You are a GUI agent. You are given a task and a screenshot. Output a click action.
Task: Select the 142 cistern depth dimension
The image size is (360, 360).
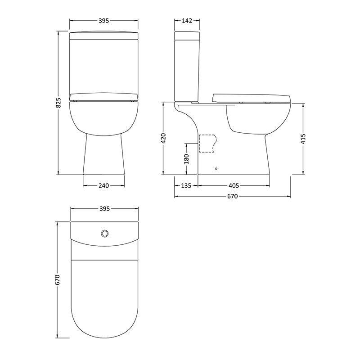(187, 21)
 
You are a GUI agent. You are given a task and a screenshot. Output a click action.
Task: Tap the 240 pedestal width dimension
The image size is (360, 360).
(104, 185)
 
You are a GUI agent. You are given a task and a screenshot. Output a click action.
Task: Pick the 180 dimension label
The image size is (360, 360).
(186, 159)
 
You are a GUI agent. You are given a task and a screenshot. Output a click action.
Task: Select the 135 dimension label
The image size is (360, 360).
(187, 185)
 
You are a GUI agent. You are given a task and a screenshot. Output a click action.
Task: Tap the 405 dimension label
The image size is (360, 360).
(234, 185)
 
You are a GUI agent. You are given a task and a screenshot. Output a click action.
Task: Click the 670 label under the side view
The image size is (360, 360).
(233, 197)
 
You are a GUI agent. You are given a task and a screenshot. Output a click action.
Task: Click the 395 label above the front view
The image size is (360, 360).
(104, 21)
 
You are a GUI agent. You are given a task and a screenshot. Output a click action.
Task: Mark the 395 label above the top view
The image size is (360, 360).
(104, 208)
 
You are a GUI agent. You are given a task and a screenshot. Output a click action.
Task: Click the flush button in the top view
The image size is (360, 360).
(104, 233)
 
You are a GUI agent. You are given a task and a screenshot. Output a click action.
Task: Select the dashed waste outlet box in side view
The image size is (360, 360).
(207, 144)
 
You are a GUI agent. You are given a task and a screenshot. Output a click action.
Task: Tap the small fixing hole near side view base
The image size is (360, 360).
(217, 169)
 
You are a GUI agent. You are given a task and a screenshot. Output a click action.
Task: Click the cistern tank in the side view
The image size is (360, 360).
(187, 67)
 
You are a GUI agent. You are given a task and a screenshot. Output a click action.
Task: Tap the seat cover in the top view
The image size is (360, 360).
(104, 297)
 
